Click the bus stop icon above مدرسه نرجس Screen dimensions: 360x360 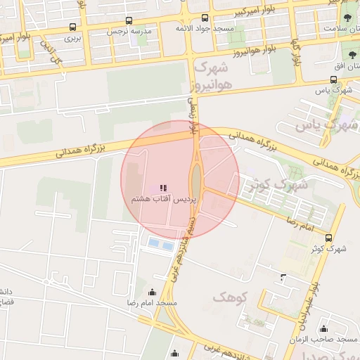(128, 21)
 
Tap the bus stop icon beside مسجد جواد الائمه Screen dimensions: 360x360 (205, 18)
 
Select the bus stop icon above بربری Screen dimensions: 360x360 (73, 27)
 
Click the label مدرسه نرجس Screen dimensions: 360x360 (128, 32)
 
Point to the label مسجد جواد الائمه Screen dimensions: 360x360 (205, 28)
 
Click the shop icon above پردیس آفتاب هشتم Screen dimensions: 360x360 (163, 188)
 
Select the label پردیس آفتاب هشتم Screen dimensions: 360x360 (166, 199)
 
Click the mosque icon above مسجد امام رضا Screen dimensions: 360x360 (153, 292)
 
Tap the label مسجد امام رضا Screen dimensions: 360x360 (153, 302)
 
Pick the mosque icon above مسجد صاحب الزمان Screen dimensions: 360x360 (323, 328)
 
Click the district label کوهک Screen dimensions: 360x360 (231, 297)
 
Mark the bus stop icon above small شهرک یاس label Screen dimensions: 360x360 (333, 79)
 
